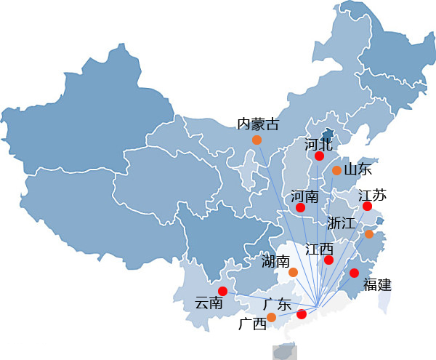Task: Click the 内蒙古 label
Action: click(258, 124)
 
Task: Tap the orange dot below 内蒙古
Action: click(257, 140)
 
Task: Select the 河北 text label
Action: click(318, 145)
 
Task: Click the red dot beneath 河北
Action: click(319, 156)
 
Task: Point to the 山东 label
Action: click(358, 169)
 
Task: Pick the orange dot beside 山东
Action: click(336, 170)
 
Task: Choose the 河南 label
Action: click(304, 196)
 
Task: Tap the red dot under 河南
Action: click(300, 207)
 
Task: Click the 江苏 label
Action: click(372, 195)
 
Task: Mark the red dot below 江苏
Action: click(367, 206)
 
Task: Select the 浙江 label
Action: click(342, 223)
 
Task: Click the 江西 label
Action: click(319, 249)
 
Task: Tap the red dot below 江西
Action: click(328, 260)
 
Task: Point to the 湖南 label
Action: click(275, 262)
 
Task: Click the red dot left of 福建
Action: click(354, 273)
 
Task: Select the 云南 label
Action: click(209, 303)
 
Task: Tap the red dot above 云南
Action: click(222, 292)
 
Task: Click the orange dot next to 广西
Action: click(271, 317)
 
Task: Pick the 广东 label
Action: click(278, 304)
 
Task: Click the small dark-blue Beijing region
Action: click(327, 135)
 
